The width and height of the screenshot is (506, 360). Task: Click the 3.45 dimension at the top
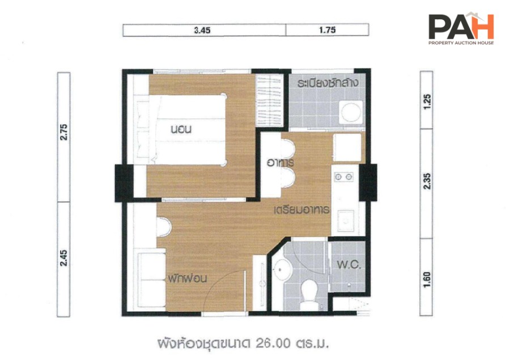click(202, 30)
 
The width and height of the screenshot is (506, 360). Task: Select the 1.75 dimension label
click(327, 30)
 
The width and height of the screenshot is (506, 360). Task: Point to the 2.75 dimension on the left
click(64, 132)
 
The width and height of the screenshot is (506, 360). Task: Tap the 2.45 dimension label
click(64, 257)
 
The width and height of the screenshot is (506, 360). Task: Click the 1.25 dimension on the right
click(427, 101)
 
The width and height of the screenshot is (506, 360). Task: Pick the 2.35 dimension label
click(427, 181)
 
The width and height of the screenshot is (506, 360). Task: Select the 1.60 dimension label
click(427, 279)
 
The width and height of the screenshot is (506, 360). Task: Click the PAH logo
click(461, 28)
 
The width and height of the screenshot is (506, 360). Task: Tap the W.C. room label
click(349, 265)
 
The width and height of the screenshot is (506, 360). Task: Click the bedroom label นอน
click(181, 129)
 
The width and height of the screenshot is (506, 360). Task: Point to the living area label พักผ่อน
click(187, 278)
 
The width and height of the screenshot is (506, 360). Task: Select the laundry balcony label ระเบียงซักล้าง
click(328, 83)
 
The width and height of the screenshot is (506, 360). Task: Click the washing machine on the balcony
click(351, 112)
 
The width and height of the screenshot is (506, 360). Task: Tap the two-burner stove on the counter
click(344, 177)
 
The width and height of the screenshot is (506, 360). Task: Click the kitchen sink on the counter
click(346, 221)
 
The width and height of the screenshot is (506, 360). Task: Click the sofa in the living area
click(151, 279)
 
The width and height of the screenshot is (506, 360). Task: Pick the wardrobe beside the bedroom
click(269, 100)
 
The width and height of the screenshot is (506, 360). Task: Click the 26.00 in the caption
click(273, 343)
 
